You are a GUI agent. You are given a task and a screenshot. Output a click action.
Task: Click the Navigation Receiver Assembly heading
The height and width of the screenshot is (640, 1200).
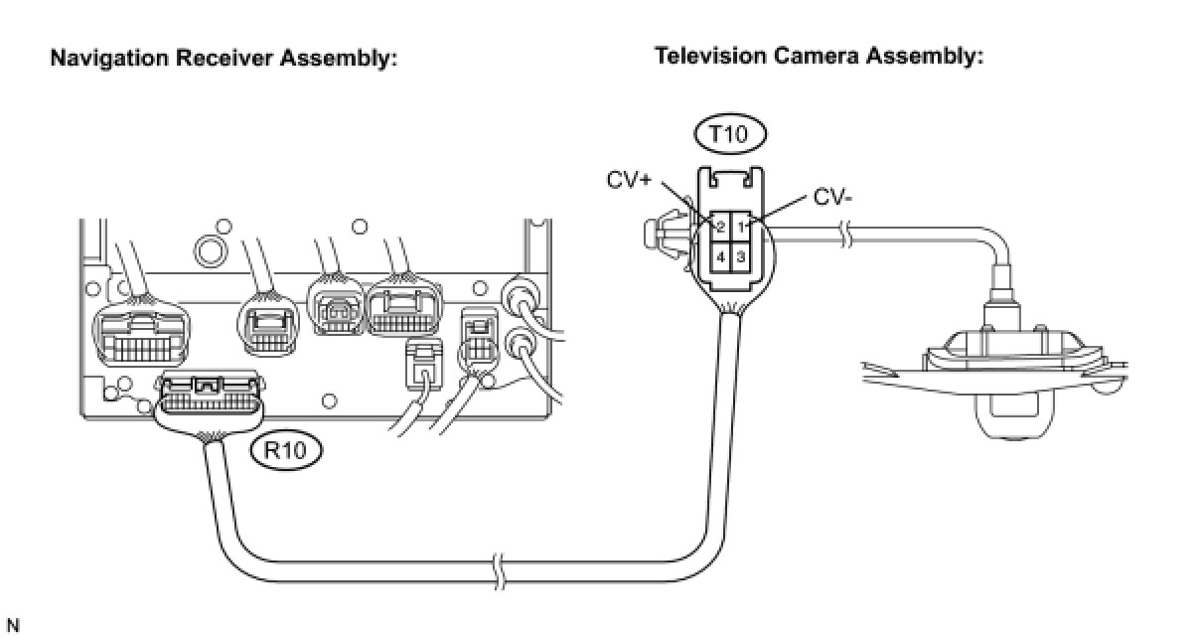pyautogui.click(x=224, y=59)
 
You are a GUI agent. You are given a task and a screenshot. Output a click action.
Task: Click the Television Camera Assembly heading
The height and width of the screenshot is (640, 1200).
pyautogui.click(x=819, y=56)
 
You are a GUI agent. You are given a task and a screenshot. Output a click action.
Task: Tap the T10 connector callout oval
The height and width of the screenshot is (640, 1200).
pyautogui.click(x=730, y=134)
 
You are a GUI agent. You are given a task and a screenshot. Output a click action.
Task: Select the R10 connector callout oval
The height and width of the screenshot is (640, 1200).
pyautogui.click(x=287, y=451)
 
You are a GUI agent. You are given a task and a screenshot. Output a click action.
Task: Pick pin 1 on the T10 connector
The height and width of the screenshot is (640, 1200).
pyautogui.click(x=741, y=227)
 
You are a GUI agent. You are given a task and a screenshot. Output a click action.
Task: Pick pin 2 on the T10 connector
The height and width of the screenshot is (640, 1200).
pyautogui.click(x=721, y=227)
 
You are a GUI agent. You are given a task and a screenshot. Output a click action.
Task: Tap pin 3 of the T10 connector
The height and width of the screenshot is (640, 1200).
pyautogui.click(x=741, y=255)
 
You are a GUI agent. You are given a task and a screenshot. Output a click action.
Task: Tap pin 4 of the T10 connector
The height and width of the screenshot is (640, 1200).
pyautogui.click(x=721, y=255)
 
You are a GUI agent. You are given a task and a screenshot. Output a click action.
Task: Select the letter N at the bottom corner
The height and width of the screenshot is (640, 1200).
pyautogui.click(x=12, y=626)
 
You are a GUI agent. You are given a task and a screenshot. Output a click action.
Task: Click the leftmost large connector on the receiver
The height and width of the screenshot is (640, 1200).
pyautogui.click(x=140, y=335)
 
